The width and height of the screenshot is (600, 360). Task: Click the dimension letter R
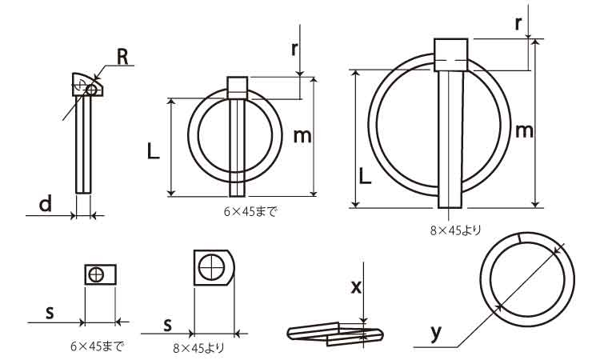point(122,58)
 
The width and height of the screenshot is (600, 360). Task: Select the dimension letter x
point(356,286)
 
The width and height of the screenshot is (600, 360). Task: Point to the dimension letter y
point(436,334)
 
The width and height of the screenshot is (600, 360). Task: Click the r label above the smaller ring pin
point(294,49)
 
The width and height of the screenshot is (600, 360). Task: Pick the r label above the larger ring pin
point(518,24)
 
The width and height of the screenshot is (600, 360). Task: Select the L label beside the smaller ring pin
point(153,151)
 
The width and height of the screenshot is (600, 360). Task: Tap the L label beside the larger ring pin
point(365,176)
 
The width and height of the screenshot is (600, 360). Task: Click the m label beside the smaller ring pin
point(302,136)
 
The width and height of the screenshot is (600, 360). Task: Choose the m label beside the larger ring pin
point(524,131)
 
